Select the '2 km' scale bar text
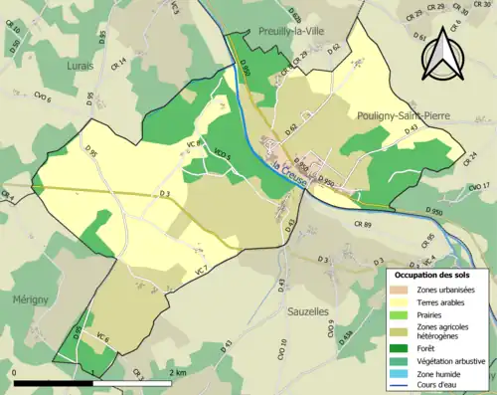(180, 372)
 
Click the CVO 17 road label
(479, 186)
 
